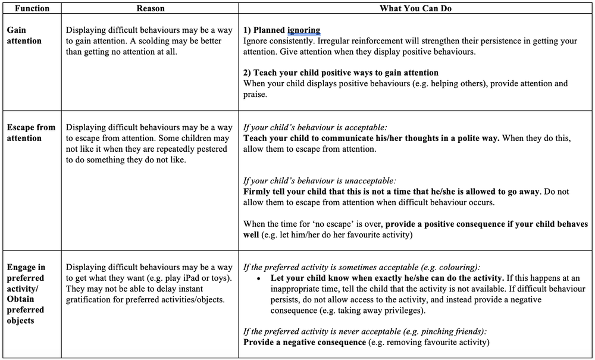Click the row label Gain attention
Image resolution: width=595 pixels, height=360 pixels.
tap(24, 35)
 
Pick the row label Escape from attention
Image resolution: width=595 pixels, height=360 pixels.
tap(31, 133)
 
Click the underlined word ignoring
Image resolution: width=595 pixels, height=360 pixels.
tap(303, 30)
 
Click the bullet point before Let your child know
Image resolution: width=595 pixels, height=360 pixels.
tap(259, 278)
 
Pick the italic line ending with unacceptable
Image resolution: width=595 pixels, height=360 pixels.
tap(320, 180)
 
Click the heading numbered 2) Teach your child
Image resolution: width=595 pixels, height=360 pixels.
tap(341, 73)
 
